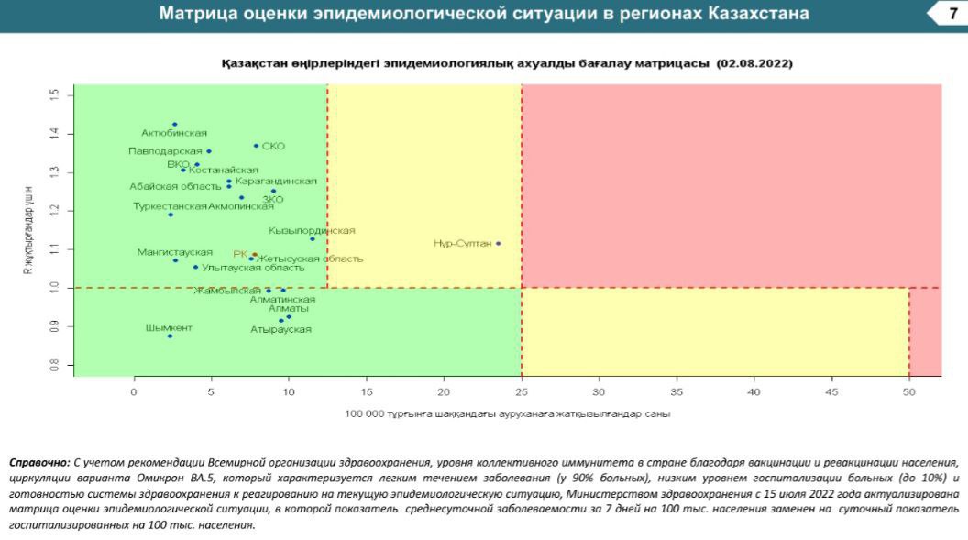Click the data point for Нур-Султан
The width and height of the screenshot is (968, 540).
[x=498, y=243]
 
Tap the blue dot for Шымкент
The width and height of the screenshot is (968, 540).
[x=170, y=336]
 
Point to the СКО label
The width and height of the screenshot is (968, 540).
[x=273, y=147]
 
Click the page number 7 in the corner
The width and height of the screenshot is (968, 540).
[x=953, y=14]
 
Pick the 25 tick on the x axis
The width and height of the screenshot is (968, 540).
[x=522, y=391]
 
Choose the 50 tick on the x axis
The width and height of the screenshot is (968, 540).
[x=909, y=391]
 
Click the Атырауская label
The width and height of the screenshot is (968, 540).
[x=280, y=329]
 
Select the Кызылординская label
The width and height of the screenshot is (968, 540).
[x=312, y=231]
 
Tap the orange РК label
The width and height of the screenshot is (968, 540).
[x=240, y=254]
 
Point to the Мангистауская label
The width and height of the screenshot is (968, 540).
[x=174, y=252]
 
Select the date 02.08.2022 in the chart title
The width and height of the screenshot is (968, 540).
[x=756, y=64]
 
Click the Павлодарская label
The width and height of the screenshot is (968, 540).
[x=165, y=151]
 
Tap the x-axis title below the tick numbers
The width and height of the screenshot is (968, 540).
[x=507, y=414]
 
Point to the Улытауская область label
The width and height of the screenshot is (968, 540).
[x=253, y=269]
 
